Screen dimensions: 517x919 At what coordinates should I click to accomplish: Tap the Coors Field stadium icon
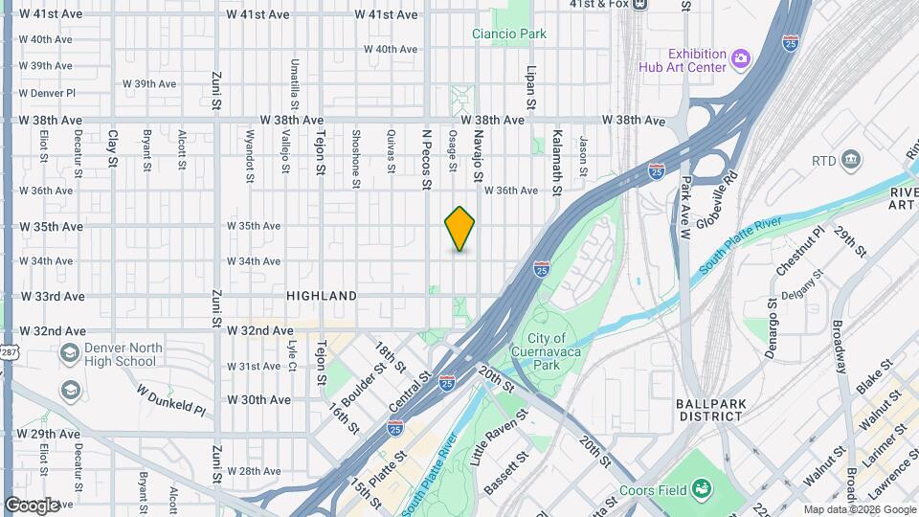click(702, 489)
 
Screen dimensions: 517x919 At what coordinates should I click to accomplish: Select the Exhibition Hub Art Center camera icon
click(740, 60)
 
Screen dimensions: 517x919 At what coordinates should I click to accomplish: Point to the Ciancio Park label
click(509, 34)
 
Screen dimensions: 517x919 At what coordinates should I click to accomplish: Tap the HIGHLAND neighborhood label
click(322, 297)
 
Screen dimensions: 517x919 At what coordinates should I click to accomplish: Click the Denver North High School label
click(107, 354)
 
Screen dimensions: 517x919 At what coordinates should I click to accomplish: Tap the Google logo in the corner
click(33, 505)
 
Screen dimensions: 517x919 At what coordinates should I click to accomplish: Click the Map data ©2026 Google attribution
click(860, 509)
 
